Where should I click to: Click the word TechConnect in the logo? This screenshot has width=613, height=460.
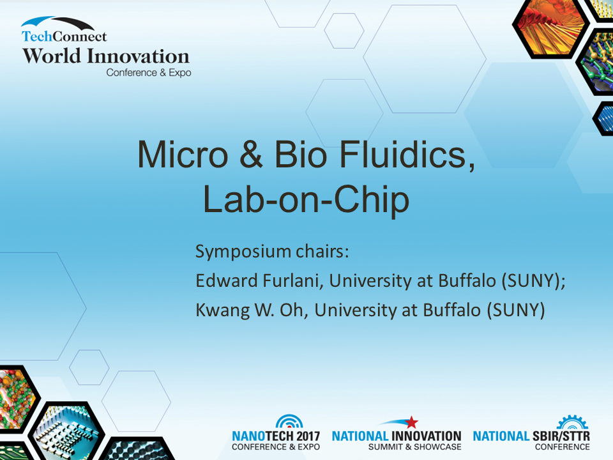64,36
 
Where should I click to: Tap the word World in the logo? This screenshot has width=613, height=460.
52,56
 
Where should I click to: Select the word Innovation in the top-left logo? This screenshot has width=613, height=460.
138,56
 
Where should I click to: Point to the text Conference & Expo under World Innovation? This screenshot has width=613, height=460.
149,73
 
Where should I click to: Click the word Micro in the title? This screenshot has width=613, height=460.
183,155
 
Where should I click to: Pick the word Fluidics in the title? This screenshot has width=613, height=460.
407,155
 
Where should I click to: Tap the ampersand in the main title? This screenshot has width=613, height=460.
251,155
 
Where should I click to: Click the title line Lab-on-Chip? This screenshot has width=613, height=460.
306,200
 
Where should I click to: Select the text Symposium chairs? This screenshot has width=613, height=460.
272,252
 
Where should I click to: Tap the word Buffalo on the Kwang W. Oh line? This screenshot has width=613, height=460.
452,310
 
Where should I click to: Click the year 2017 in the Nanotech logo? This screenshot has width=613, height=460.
308,436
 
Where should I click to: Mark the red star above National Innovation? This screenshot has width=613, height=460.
411,422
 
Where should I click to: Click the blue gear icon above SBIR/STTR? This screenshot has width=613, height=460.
572,422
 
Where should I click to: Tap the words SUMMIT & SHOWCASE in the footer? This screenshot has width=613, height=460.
415,447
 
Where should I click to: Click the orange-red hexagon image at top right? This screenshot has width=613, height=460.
551,29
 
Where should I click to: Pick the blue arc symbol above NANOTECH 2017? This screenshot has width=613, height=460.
289,422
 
